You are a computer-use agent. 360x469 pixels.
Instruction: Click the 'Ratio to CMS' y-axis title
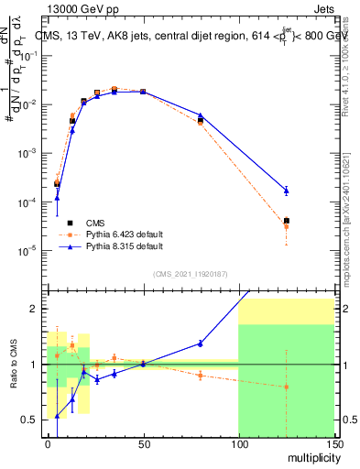coord(12,365)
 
